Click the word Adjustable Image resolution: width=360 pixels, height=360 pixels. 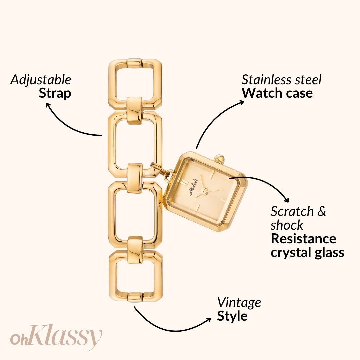[x=41, y=80]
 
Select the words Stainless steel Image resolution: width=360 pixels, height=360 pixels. [x=281, y=80]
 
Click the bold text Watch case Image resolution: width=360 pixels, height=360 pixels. [x=277, y=93]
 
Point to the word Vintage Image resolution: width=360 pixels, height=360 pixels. [x=239, y=303]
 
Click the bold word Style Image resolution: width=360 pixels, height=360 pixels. [x=232, y=316]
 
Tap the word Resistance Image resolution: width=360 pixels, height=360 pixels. [x=304, y=239]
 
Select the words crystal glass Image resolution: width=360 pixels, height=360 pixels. [x=307, y=253]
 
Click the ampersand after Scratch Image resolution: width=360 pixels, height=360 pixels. [x=322, y=211]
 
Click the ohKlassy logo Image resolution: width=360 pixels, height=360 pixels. [x=56, y=337]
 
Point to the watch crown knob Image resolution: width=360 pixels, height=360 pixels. [x=219, y=159]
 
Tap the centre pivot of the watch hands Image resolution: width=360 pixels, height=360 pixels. [x=203, y=191]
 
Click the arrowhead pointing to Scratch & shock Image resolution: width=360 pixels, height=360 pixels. [x=287, y=200]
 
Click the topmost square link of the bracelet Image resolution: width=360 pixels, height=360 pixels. [x=135, y=84]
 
